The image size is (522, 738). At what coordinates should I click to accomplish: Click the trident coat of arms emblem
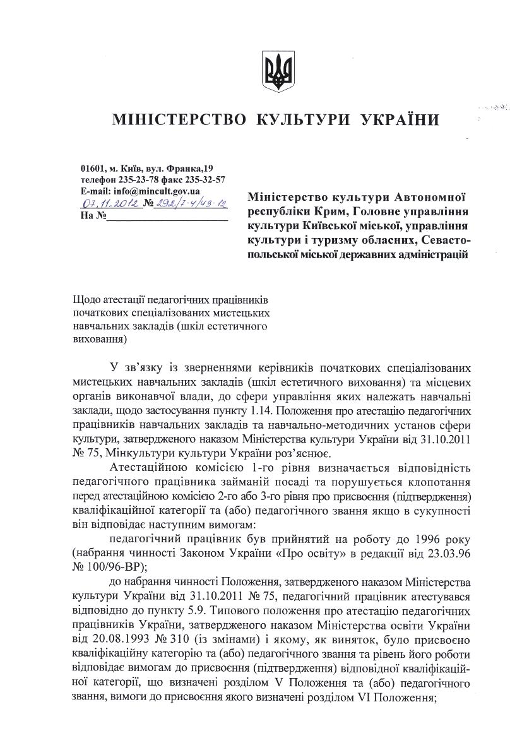click(278, 71)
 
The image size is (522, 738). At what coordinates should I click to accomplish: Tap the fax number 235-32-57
click(203, 180)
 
